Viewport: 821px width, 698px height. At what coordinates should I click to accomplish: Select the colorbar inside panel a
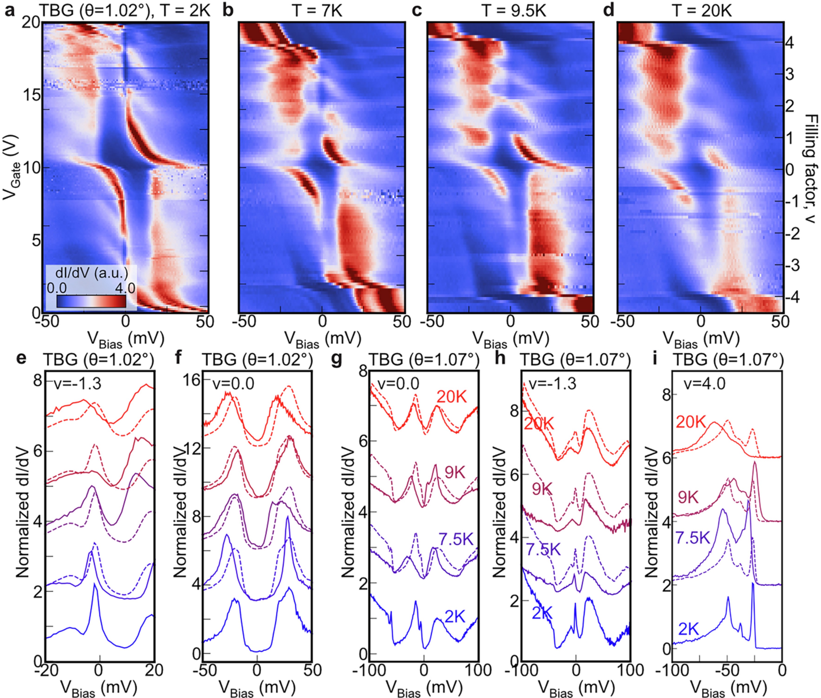91,301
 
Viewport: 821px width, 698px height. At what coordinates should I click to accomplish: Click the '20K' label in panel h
540,424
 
